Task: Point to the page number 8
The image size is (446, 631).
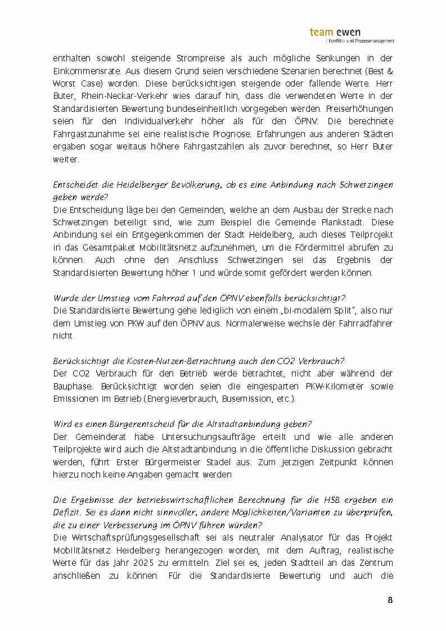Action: [390, 600]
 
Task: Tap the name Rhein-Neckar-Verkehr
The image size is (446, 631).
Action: [116, 96]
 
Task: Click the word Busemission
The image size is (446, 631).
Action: [246, 399]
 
